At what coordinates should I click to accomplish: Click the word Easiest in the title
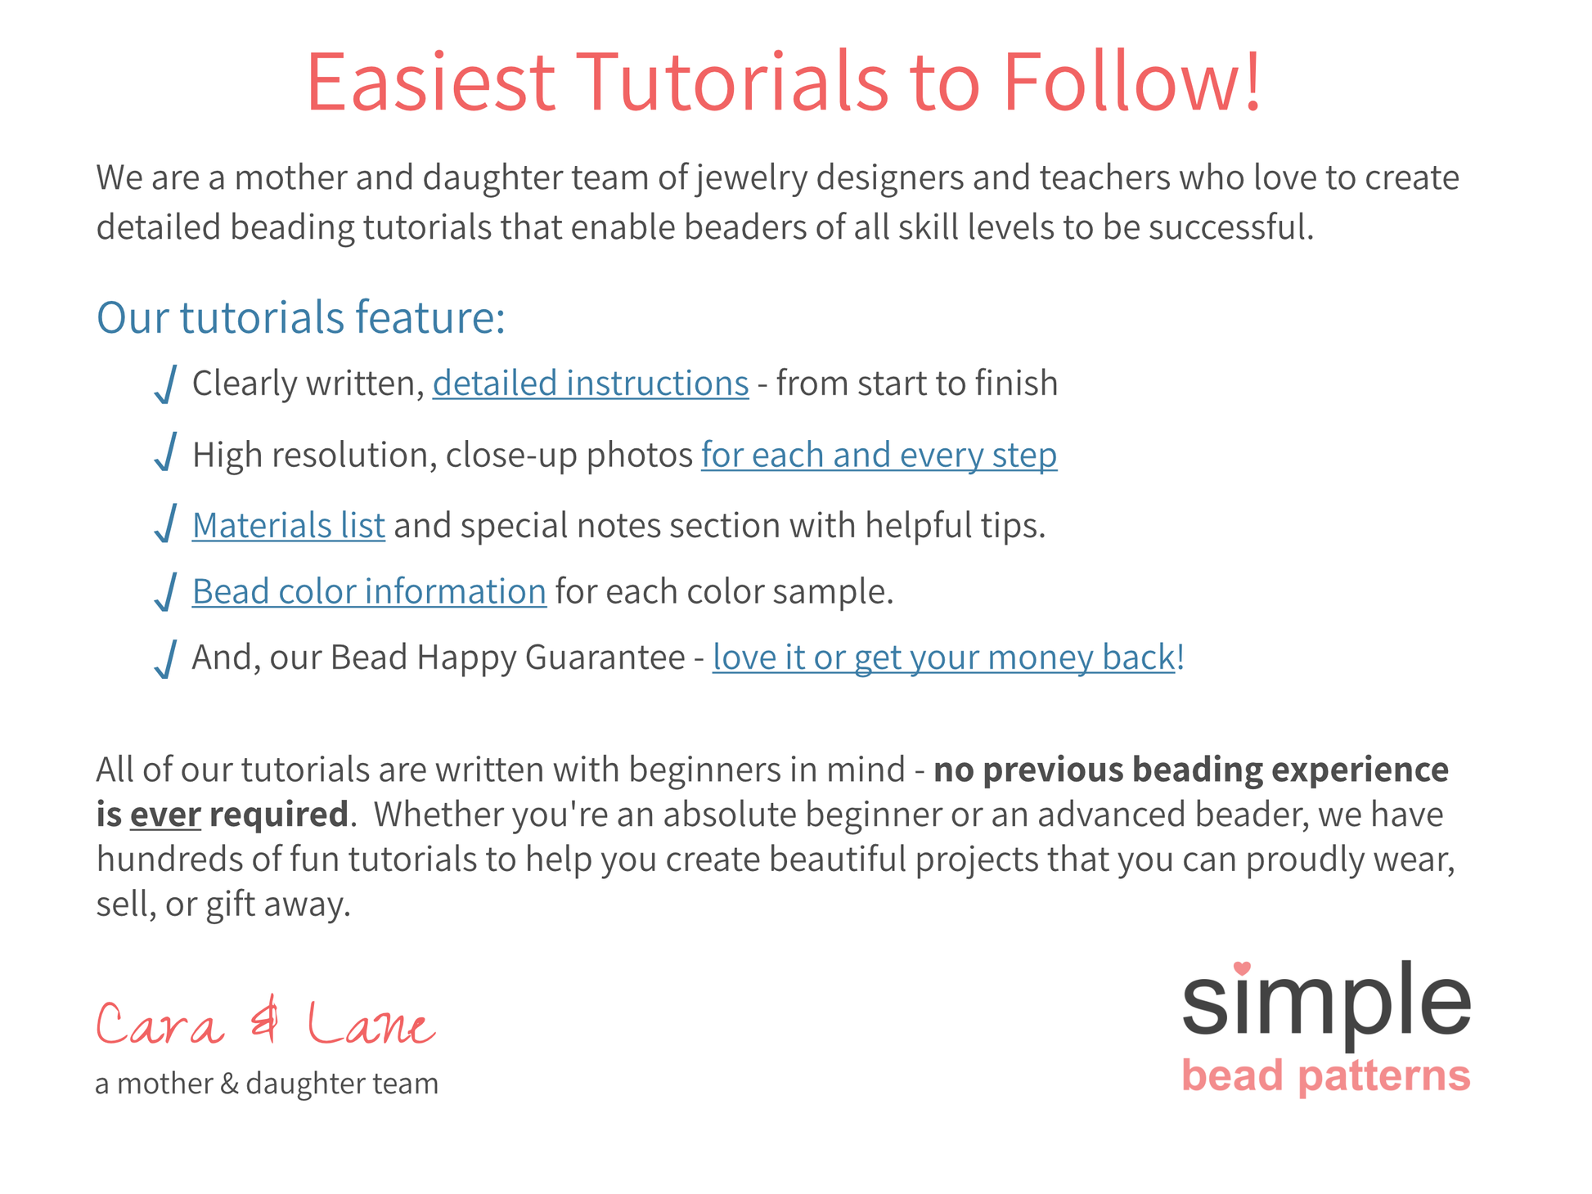coord(431,82)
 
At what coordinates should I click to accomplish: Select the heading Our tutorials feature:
coord(301,317)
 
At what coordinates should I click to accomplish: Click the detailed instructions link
coord(591,384)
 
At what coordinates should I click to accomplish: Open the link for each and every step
coord(879,456)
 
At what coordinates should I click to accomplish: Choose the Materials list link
coord(289,525)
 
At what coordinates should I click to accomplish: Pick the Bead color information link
coord(370,591)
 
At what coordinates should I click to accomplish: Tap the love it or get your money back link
coord(944,658)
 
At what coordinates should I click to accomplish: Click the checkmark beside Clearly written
coord(166,384)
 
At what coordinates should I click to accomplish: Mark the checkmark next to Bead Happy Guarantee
coord(166,659)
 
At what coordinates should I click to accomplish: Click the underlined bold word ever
coord(165,815)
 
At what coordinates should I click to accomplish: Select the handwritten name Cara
coord(160,1024)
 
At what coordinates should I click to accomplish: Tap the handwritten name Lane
coord(371,1024)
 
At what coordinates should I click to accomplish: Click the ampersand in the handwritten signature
coord(265,1022)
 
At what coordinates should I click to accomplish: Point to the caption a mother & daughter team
coord(267,1084)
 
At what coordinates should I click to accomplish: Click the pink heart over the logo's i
coord(1242,968)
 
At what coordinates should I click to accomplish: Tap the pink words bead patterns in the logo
coord(1326,1076)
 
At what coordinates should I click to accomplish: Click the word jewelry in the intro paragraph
coord(752,178)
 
